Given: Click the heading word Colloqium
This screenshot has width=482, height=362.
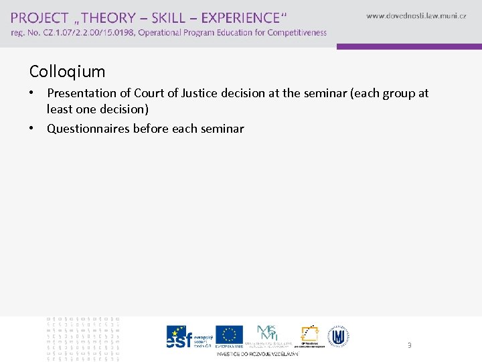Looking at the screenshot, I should click(x=67, y=71).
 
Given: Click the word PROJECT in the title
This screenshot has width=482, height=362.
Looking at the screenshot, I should click(x=39, y=18).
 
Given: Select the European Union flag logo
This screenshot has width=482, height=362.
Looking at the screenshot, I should click(x=230, y=335).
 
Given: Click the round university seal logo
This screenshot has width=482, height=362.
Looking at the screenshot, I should click(x=337, y=336).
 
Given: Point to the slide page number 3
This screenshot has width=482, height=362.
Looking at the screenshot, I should click(x=409, y=346).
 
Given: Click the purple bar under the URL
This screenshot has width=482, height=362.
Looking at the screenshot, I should click(x=408, y=47).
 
